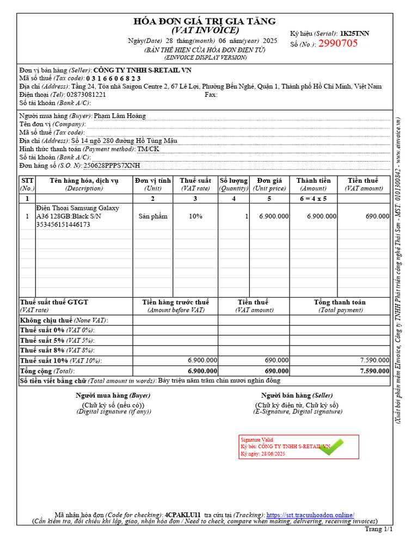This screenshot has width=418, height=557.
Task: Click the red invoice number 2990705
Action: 338,44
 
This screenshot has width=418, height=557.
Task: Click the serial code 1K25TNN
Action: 354,34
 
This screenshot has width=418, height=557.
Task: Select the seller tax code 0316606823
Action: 114,78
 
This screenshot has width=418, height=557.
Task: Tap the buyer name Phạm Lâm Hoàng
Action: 120,116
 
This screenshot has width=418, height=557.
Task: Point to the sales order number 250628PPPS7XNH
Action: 112,165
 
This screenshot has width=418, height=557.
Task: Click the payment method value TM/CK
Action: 148,148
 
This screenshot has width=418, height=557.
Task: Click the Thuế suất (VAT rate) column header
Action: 195,184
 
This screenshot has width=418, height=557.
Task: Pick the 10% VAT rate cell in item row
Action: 195,216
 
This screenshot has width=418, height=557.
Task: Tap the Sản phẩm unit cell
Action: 153,216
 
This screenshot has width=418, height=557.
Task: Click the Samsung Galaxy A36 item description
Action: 77,216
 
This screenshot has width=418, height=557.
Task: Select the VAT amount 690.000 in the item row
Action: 377,216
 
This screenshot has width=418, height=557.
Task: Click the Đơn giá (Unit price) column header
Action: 269,184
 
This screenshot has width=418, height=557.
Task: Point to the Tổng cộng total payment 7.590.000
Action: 374,371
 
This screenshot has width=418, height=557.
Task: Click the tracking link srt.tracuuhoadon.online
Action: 310,515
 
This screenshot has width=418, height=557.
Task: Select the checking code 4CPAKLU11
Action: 183,515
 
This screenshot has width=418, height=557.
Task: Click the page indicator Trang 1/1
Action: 379,529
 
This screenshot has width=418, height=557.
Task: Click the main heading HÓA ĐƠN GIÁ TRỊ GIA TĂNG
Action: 205,21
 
